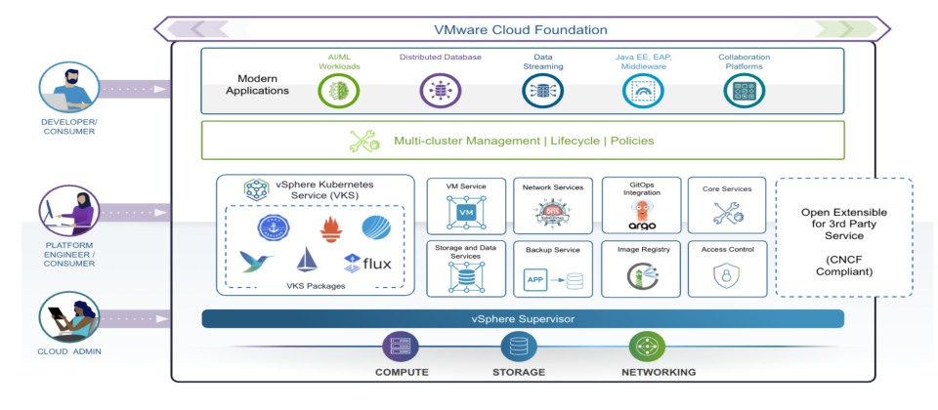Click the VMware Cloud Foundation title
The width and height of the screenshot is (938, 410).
coord(520,29)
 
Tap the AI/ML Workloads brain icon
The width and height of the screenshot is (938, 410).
coord(339,91)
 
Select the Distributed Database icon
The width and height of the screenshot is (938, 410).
coord(441,91)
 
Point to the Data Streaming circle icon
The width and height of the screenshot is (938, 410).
coord(542,91)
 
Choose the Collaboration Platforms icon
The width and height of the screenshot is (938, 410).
coord(745,91)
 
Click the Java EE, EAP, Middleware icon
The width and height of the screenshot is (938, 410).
coord(643,91)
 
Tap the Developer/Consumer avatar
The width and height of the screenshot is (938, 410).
coord(68,87)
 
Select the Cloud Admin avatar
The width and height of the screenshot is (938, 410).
coord(68,316)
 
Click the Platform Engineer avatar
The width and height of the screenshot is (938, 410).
coord(68,211)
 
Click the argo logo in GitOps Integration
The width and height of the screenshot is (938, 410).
coord(642,225)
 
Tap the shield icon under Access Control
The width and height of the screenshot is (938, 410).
coord(727,276)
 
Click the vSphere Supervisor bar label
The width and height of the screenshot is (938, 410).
coord(523,319)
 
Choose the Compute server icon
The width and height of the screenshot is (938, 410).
coord(401,347)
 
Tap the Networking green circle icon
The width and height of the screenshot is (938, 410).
coord(647,347)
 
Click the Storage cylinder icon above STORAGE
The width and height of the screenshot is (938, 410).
coord(519,347)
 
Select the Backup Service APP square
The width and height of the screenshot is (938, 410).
coord(535,280)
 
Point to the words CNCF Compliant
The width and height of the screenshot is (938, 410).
coord(843,266)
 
